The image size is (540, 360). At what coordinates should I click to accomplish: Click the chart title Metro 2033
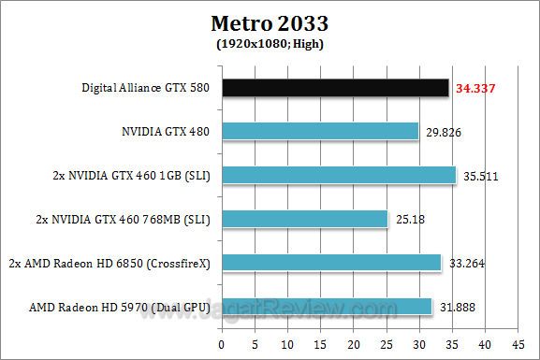tap(270, 22)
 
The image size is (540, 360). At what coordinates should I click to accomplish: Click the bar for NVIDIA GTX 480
tap(318, 132)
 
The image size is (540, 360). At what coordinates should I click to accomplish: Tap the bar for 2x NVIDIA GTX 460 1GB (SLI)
tap(337, 175)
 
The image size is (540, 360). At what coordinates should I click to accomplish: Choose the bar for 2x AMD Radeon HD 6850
tap(329, 263)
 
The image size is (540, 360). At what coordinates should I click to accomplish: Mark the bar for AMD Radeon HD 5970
tap(325, 306)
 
